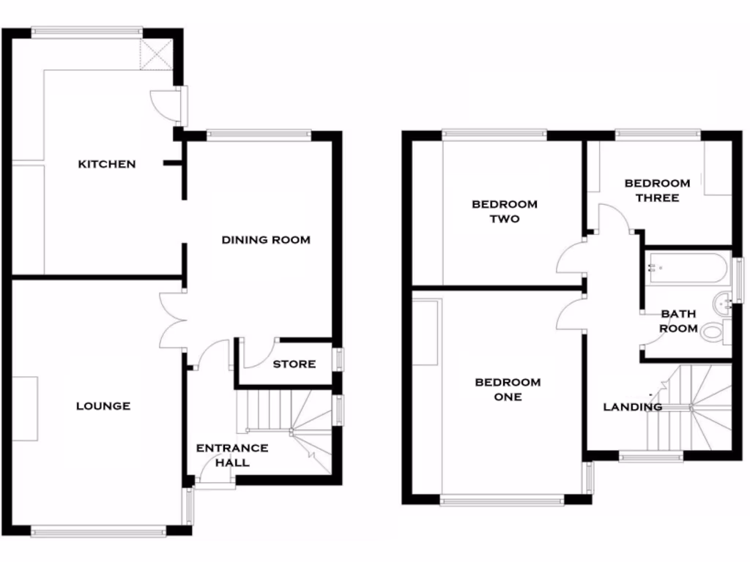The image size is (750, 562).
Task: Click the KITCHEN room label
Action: pos(107,164)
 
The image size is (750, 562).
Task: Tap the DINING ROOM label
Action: pos(266,240)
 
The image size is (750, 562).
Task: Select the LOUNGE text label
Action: pos(103,406)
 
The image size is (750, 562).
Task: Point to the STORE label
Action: pos(294,364)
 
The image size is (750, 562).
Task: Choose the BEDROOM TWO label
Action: pos(505,211)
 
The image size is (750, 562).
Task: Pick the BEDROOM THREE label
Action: pos(657,190)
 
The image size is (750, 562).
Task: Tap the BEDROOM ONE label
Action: pos(508,389)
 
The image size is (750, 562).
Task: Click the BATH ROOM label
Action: pos(679,321)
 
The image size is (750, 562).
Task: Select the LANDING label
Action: pos(632,407)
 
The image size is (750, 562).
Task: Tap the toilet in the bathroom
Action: pos(714,333)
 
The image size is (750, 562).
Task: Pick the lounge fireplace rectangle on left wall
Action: pos(25,408)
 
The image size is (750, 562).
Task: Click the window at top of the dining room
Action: pos(259,134)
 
